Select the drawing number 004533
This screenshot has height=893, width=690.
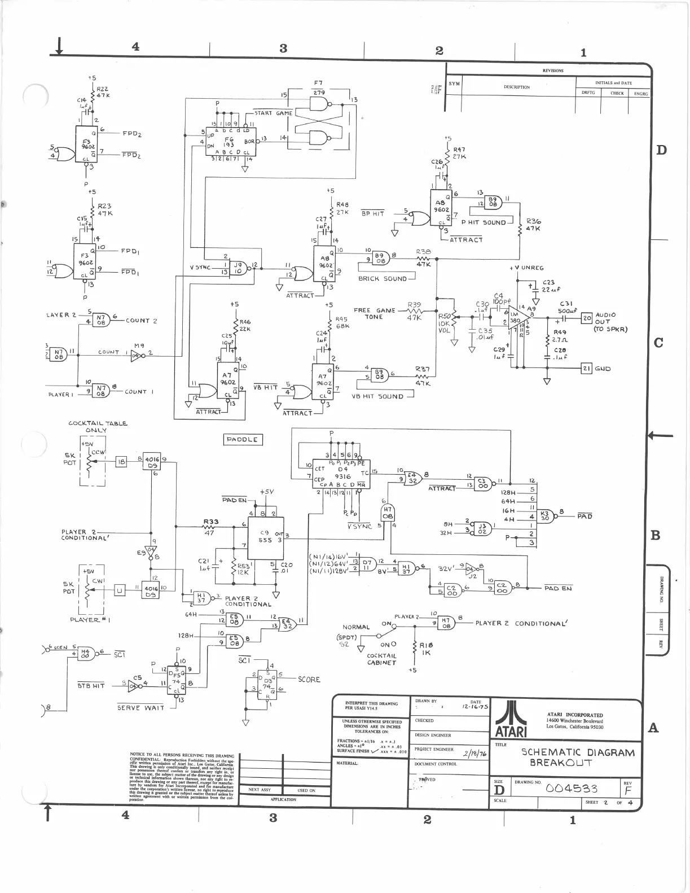(x=572, y=788)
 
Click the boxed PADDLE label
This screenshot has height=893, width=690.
(x=241, y=439)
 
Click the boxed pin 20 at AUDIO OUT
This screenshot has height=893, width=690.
(x=587, y=318)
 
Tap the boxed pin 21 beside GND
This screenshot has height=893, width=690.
(x=587, y=369)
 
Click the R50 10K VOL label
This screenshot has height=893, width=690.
(x=446, y=324)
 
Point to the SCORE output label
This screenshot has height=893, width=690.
(x=309, y=680)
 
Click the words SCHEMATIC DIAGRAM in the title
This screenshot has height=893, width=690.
(x=577, y=752)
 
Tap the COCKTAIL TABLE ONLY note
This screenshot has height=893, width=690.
(x=98, y=426)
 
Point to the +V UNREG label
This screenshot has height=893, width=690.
(x=526, y=268)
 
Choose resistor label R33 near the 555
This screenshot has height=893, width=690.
(x=211, y=522)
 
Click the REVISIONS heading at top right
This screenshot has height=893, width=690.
(x=553, y=71)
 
